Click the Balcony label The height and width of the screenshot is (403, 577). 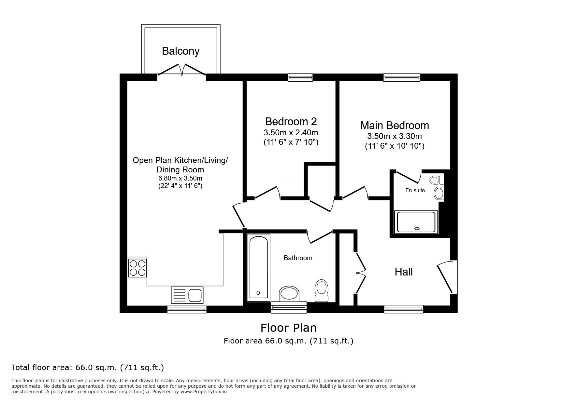click(x=180, y=51)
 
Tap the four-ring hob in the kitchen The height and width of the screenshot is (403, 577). click(x=137, y=267)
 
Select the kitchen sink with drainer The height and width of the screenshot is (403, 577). click(x=187, y=295)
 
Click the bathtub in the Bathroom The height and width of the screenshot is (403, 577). click(x=259, y=267)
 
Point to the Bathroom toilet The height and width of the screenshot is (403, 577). click(x=322, y=290)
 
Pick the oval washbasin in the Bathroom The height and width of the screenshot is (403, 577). click(x=289, y=293)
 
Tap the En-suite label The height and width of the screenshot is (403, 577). click(x=415, y=191)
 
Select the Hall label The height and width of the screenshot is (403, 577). click(x=404, y=272)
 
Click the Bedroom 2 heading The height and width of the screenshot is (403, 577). click(x=291, y=122)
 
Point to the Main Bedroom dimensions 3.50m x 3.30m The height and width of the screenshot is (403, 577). click(x=394, y=136)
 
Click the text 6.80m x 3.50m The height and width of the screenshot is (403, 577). click(x=180, y=178)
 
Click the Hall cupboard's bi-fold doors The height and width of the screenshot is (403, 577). click(x=361, y=273)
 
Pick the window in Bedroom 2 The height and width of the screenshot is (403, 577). click(x=300, y=77)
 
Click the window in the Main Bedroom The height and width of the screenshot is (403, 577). click(x=401, y=77)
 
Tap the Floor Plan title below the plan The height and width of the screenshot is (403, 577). click(x=288, y=328)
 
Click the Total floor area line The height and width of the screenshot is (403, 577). click(x=87, y=368)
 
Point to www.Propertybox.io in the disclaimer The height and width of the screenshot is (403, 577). click(x=204, y=392)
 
